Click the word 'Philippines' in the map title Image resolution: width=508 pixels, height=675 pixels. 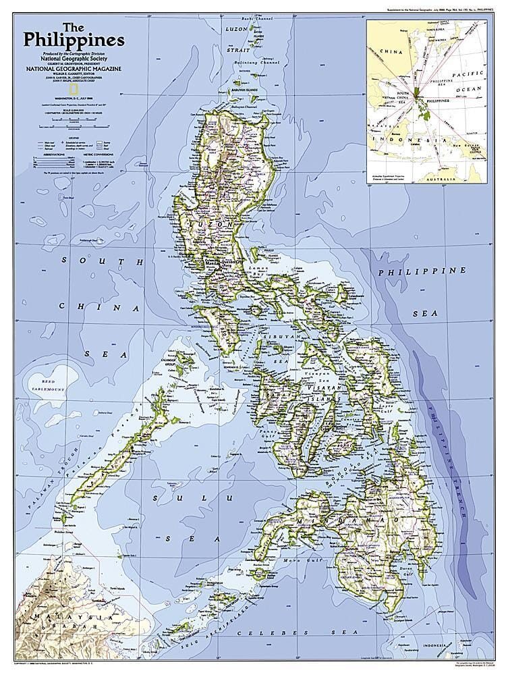(x=74, y=40)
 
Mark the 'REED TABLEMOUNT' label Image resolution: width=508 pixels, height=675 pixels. (x=51, y=385)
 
